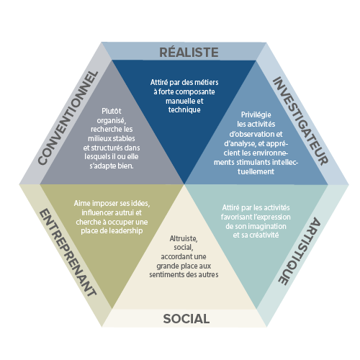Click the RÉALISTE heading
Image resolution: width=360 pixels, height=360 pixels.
pos(189,52)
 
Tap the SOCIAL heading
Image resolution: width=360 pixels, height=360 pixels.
pos(186,319)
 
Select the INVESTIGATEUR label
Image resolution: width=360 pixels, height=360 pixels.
pos(300,121)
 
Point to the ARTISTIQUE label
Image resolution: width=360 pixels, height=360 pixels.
pos(300,251)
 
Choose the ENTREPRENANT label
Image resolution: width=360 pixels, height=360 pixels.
pos(68,253)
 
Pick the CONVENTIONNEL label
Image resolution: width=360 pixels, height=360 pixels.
pos(68,118)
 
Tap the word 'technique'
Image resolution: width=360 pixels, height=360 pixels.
pos(184,110)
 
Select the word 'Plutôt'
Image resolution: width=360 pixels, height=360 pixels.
pos(112,111)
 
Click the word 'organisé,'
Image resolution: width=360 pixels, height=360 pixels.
pos(112,120)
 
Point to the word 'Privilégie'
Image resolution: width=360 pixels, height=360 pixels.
pos(256,114)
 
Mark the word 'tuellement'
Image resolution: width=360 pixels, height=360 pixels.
pos(256,171)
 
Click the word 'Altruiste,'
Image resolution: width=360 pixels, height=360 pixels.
pos(184,238)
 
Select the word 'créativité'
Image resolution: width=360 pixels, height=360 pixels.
pos(264,235)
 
